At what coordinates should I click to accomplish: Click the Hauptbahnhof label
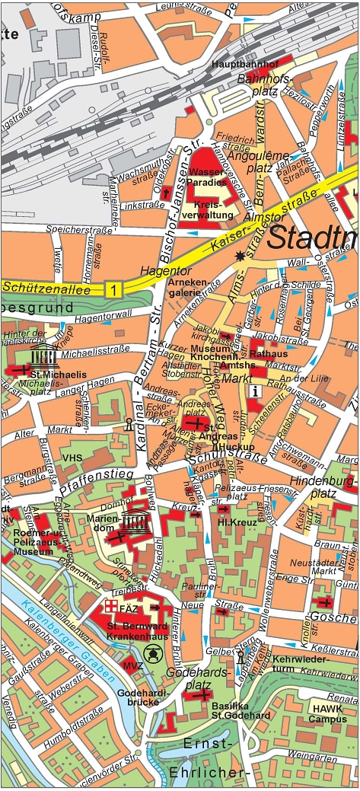pyautogui.click(x=246, y=64)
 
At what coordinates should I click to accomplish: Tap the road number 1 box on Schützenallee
pyautogui.click(x=113, y=289)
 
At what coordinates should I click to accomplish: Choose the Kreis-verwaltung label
pyautogui.click(x=213, y=211)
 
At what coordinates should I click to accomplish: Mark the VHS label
pyautogui.click(x=73, y=458)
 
